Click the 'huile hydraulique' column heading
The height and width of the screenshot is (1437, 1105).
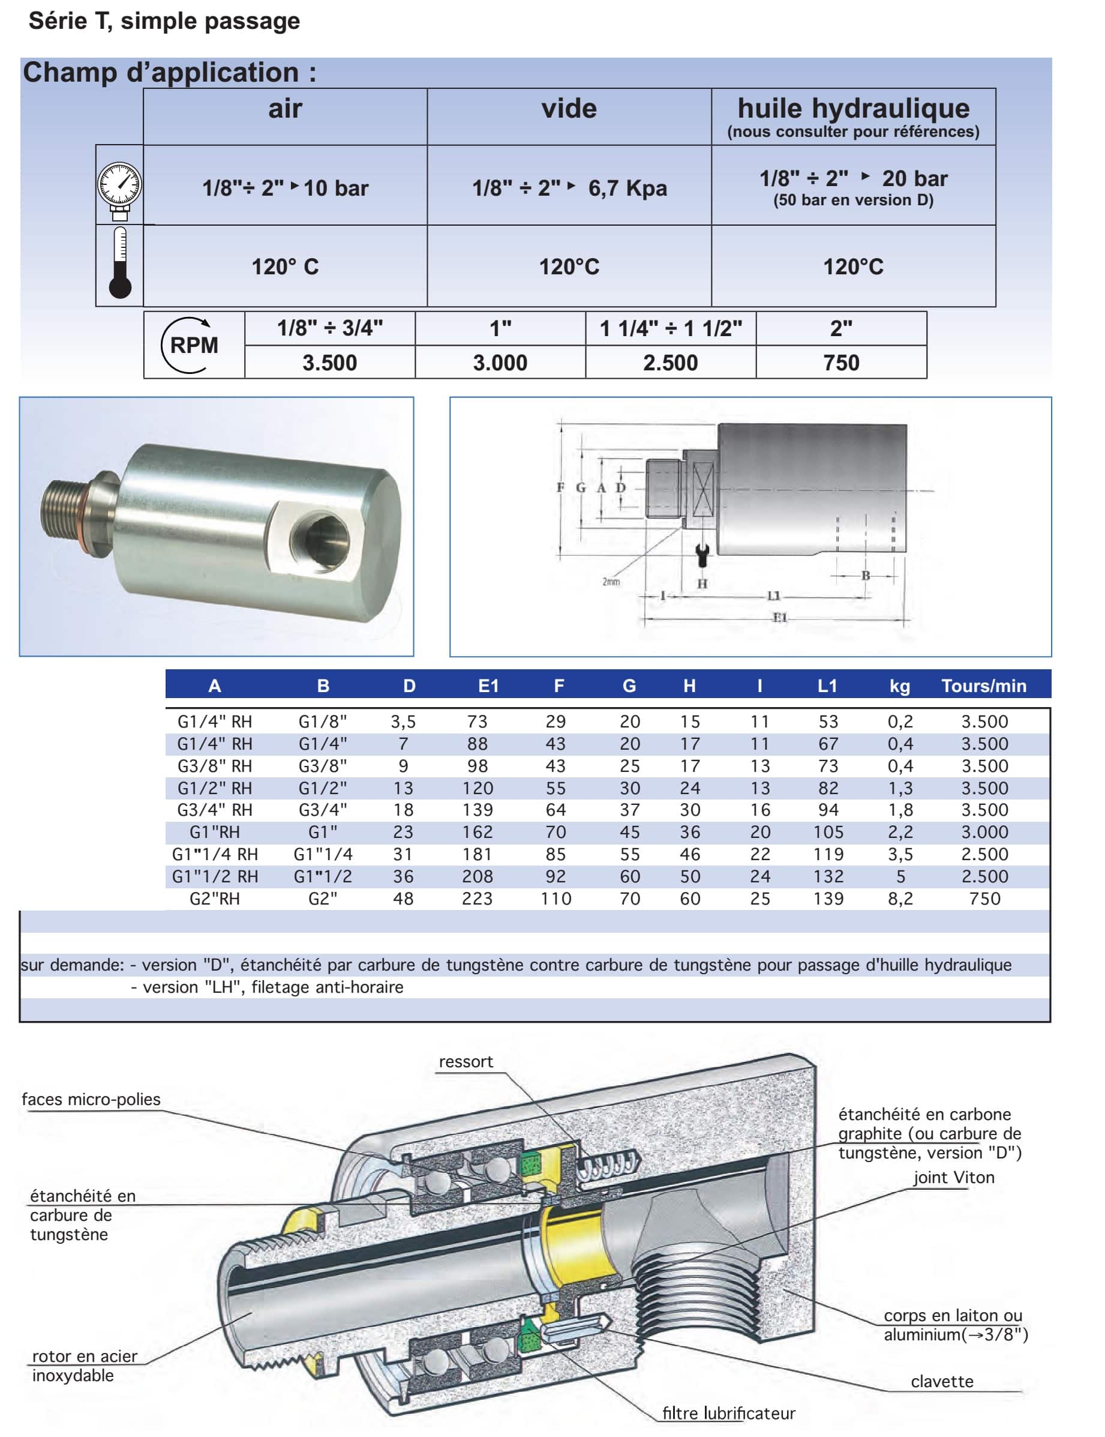[853, 109]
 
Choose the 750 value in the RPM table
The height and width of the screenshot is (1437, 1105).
[840, 363]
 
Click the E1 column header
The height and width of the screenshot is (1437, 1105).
[488, 685]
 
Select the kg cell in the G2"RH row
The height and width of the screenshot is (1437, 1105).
[900, 898]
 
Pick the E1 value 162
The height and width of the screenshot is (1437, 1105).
[477, 832]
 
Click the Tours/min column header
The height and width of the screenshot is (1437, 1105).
[983, 685]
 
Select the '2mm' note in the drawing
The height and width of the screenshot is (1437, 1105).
[611, 582]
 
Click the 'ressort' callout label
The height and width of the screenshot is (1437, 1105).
[466, 1062]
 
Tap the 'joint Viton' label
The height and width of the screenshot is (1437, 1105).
[953, 1178]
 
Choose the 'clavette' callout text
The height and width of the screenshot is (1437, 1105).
[941, 1382]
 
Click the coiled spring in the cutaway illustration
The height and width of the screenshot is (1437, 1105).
[608, 1164]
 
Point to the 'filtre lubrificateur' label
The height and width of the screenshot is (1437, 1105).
[728, 1414]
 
